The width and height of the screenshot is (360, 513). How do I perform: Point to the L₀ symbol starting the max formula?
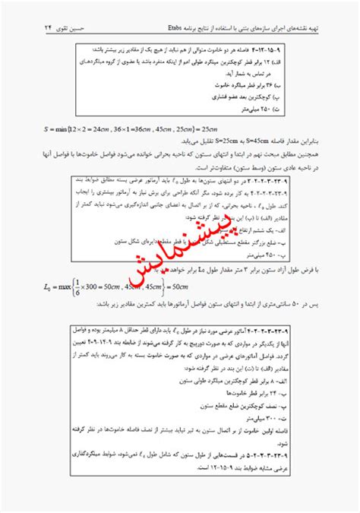(52, 287)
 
